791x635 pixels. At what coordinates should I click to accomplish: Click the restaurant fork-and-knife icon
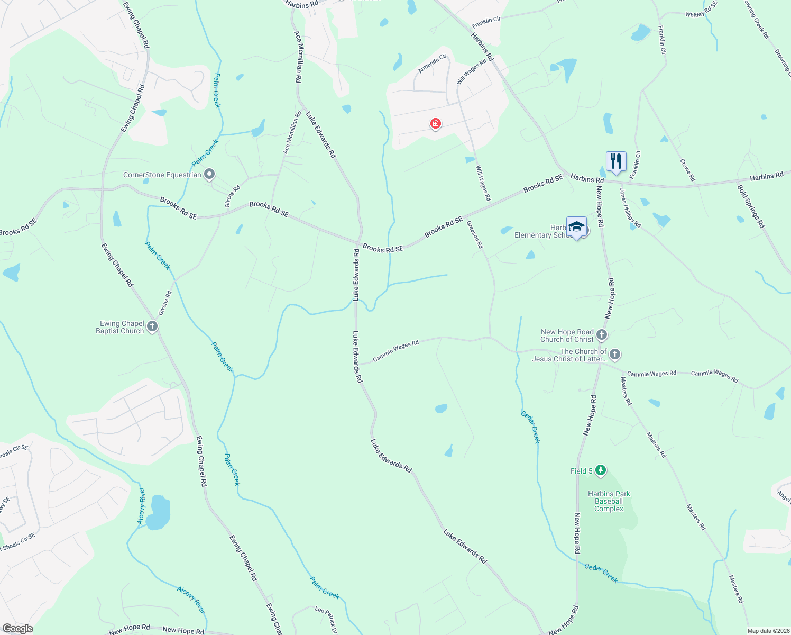[616, 161]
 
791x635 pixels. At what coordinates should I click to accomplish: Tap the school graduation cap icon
[576, 227]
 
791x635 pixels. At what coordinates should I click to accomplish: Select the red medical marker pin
[435, 124]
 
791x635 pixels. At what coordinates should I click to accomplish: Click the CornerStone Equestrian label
[162, 175]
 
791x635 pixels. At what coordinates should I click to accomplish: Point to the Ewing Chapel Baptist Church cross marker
[152, 326]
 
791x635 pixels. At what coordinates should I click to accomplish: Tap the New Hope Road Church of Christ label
[567, 335]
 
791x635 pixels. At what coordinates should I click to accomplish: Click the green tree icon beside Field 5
[600, 470]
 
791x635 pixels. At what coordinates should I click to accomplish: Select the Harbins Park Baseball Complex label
[609, 501]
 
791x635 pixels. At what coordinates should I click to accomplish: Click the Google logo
[17, 628]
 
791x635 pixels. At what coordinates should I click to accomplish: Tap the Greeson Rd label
[475, 235]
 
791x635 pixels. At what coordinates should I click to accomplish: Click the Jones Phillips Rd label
[630, 208]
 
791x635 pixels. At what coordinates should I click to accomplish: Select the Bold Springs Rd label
[751, 206]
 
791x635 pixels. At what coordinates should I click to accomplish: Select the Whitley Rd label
[701, 10]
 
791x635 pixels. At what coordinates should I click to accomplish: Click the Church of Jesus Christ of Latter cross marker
[614, 354]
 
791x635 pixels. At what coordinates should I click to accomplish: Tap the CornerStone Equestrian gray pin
[209, 174]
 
